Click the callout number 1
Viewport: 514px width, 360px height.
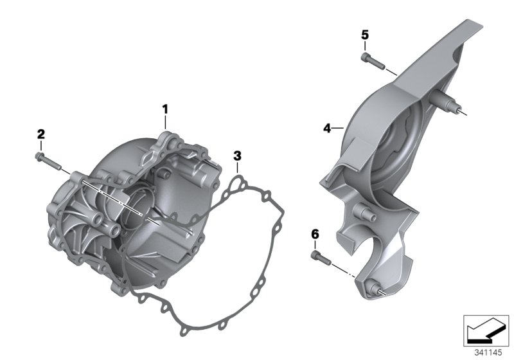165,109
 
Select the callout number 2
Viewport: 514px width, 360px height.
40,134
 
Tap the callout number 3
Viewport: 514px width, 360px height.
237,155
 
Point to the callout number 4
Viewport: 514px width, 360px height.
326,129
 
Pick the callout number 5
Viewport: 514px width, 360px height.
364,35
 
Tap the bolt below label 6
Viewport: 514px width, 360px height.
321,258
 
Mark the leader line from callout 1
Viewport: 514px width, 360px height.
165,124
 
